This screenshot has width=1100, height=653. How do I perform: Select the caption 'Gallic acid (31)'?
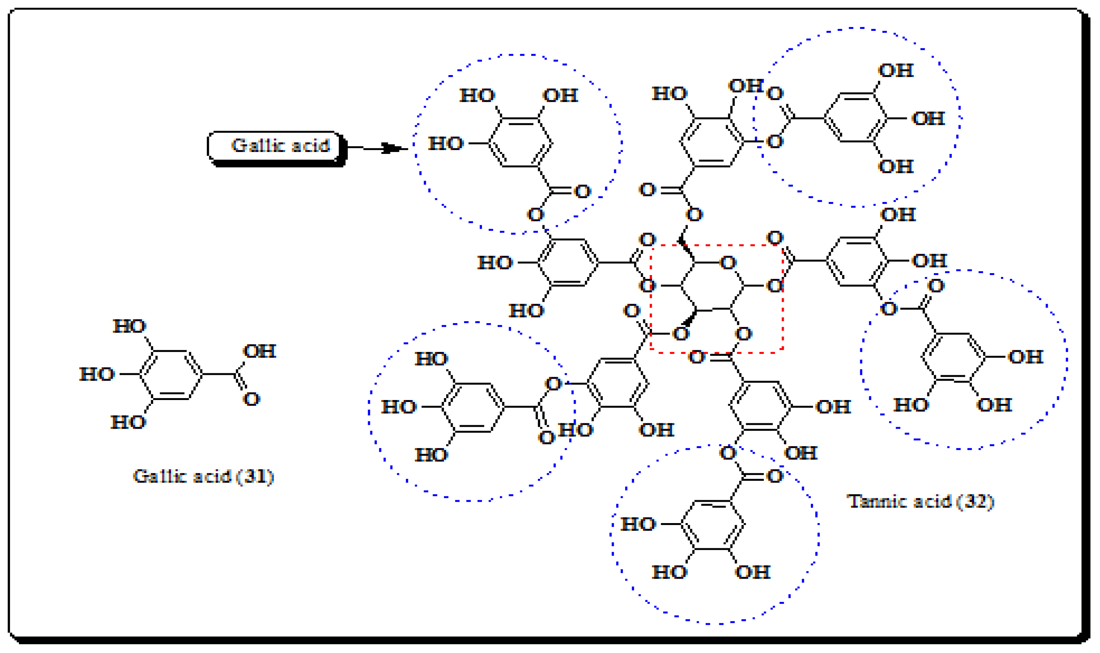coord(203,477)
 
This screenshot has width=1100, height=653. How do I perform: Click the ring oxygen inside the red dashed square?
coord(728,263)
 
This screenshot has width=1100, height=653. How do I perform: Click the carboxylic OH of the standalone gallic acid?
coord(259,351)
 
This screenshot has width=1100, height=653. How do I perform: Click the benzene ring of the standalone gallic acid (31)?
coord(171,375)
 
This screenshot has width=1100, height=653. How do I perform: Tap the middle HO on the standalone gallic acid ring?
coord(97,375)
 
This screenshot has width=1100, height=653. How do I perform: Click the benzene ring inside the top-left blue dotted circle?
coord(520,142)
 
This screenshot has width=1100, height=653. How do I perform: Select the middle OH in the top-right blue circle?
coord(929,118)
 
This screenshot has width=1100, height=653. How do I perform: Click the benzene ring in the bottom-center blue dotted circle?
coord(713,525)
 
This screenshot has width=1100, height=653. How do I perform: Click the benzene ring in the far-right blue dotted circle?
coord(953,357)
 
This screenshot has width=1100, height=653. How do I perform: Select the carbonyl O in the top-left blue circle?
coord(583,191)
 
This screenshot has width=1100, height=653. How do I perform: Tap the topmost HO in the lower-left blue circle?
coord(432,359)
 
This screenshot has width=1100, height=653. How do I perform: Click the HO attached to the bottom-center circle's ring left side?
coord(638,525)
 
